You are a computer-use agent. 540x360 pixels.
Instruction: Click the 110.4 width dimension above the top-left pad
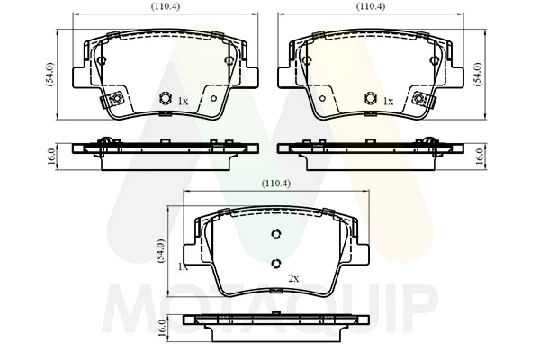point(166,6)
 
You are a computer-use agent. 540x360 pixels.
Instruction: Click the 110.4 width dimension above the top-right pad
point(371,6)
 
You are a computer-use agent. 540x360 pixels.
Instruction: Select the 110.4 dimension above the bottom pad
point(276,184)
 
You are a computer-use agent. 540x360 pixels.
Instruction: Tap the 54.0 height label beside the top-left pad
point(49,74)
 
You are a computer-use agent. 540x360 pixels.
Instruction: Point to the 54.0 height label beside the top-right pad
point(478,74)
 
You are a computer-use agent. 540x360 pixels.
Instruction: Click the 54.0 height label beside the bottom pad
point(161,251)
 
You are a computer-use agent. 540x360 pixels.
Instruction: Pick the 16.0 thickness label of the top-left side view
point(51,157)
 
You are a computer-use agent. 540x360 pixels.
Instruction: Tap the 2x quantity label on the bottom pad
point(293,279)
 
